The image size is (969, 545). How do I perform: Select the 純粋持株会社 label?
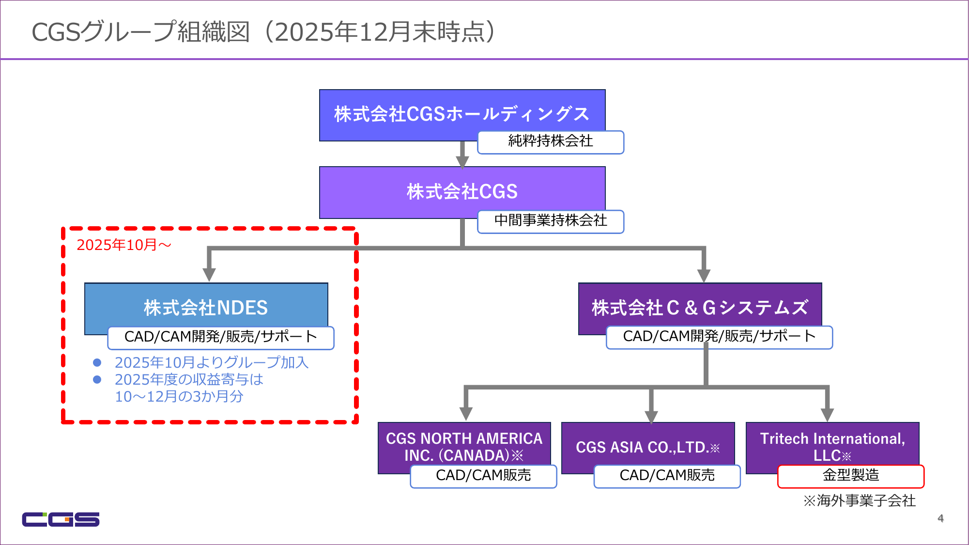pyautogui.click(x=550, y=141)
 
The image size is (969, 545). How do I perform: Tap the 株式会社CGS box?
pyautogui.click(x=461, y=191)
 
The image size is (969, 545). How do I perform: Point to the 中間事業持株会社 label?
pyautogui.click(x=550, y=221)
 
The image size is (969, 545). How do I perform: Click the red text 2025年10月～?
pyautogui.click(x=124, y=245)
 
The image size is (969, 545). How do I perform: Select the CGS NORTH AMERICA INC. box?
pyautogui.click(x=463, y=446)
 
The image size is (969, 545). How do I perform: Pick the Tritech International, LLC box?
pyautogui.click(x=832, y=446)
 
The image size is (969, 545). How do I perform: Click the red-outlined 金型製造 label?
pyautogui.click(x=850, y=476)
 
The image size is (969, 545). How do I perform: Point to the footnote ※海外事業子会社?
pyautogui.click(x=859, y=501)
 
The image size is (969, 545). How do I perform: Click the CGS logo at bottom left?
pyautogui.click(x=61, y=519)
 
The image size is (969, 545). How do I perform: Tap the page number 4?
pyautogui.click(x=940, y=518)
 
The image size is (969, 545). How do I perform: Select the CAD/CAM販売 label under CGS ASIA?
pyautogui.click(x=667, y=476)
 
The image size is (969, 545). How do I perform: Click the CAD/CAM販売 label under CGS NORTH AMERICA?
pyautogui.click(x=483, y=476)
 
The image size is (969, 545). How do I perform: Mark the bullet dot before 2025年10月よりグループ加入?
pyautogui.click(x=97, y=362)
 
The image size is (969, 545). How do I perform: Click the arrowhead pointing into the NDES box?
pyautogui.click(x=209, y=275)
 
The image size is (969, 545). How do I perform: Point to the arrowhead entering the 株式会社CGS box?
pyautogui.click(x=462, y=161)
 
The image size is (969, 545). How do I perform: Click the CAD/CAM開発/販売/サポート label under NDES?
pyautogui.click(x=220, y=337)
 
